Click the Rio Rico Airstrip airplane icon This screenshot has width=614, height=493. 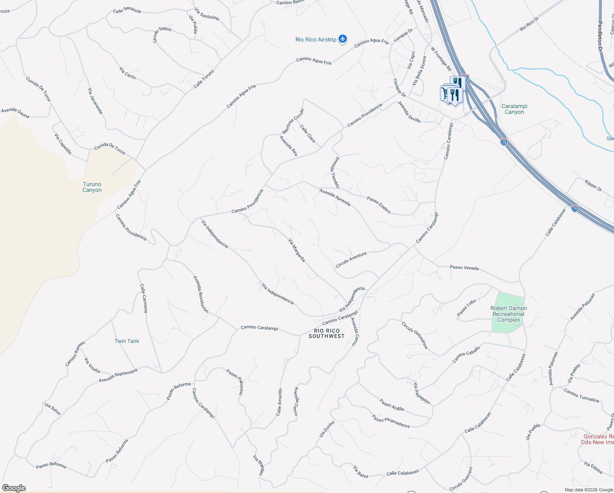pyautogui.click(x=343, y=39)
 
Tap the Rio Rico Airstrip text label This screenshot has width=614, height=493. pyautogui.click(x=316, y=39)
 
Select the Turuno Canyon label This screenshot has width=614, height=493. pyautogui.click(x=92, y=187)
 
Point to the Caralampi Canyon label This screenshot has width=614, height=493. pyautogui.click(x=514, y=109)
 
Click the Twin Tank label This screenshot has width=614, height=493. pyautogui.click(x=127, y=341)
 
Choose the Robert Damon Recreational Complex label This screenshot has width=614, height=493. pyautogui.click(x=509, y=314)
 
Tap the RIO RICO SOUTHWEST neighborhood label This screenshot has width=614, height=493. pyautogui.click(x=327, y=333)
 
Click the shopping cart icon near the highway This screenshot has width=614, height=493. pyautogui.click(x=444, y=93)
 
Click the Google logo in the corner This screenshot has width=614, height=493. pyautogui.click(x=14, y=488)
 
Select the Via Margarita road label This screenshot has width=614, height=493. pyautogui.click(x=297, y=250)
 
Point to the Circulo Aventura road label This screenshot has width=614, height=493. pyautogui.click(x=351, y=260)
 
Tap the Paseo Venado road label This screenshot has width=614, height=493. pyautogui.click(x=464, y=267)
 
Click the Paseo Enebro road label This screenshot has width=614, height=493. pyautogui.click(x=379, y=205)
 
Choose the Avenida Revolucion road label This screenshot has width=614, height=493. pyautogui.click(x=201, y=294)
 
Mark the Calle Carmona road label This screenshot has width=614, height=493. pyautogui.click(x=143, y=298)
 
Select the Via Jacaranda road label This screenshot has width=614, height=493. pyautogui.click(x=95, y=101)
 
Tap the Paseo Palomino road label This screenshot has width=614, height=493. pyautogui.click(x=235, y=382)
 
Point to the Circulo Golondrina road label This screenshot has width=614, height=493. pyautogui.click(x=415, y=335)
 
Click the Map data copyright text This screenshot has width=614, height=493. pyautogui.click(x=589, y=489)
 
